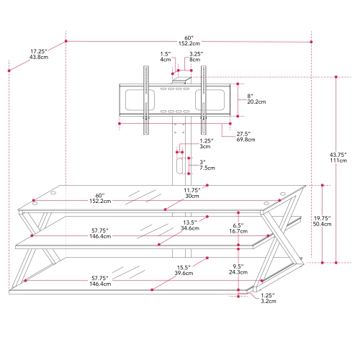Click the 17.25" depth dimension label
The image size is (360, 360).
pyautogui.click(x=39, y=54)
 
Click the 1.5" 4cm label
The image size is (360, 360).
pyautogui.click(x=166, y=57)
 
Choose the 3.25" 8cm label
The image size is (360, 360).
pyautogui.click(x=196, y=57)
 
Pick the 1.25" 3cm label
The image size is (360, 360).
pyautogui.click(x=206, y=143)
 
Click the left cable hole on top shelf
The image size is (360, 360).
pyautogui.click(x=32, y=200)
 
